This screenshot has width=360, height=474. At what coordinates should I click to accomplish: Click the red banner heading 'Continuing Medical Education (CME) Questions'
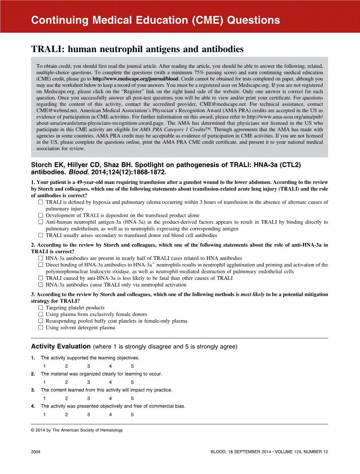tap(156, 20)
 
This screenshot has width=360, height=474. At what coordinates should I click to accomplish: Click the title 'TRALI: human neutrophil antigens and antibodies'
tap(137, 49)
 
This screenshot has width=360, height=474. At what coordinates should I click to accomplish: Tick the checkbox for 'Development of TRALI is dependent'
tap(40, 216)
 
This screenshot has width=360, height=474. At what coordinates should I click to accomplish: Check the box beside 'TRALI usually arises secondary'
tap(40, 235)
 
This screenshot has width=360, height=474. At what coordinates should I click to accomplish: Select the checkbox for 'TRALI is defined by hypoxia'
tap(40, 202)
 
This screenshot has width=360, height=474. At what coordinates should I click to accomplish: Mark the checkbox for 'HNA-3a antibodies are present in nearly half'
tap(40, 258)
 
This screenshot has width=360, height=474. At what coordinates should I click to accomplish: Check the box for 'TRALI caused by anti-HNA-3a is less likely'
tap(40, 278)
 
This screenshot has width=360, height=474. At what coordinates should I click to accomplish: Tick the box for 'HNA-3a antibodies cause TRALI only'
tap(40, 285)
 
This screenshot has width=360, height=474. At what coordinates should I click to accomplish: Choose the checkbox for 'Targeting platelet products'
tap(40, 308)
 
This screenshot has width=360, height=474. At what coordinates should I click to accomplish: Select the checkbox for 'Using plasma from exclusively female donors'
tap(40, 315)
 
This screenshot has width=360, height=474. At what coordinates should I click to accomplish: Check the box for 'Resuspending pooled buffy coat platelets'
tap(40, 321)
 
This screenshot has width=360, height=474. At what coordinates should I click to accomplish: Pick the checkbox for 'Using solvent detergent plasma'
tap(40, 327)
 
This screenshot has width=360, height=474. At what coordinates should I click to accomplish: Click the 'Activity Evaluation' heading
tap(61, 346)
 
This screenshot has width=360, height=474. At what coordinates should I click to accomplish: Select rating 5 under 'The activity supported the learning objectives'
tap(132, 366)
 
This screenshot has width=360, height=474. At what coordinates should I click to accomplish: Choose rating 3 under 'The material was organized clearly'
tap(88, 382)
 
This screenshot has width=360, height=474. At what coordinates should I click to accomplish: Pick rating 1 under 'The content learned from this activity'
tap(44, 398)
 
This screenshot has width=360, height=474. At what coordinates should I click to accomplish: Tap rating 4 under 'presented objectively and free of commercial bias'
tap(110, 414)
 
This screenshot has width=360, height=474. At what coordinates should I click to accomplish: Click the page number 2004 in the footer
tap(36, 452)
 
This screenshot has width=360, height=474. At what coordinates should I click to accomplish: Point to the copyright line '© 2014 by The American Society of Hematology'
tap(77, 430)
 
